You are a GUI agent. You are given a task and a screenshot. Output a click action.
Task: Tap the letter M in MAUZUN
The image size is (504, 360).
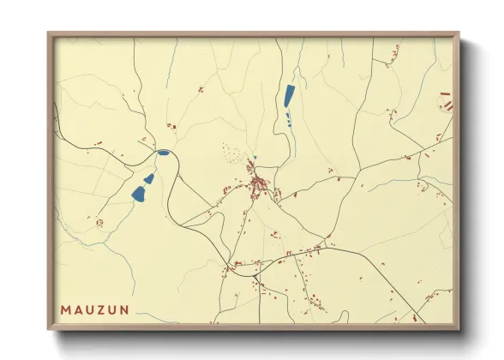point(66,308)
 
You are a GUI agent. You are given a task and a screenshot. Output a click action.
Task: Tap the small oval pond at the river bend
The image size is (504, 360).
point(163,153)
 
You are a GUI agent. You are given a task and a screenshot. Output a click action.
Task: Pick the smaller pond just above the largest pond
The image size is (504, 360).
point(149,178)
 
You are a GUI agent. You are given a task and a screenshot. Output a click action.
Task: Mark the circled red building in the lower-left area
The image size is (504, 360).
point(99,223)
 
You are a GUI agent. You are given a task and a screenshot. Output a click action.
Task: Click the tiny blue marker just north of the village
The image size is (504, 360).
point(254,157)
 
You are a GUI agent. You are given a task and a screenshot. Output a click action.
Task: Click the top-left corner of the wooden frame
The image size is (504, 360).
point(49,34)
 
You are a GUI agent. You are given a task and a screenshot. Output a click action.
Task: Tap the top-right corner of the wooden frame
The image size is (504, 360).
point(459,34)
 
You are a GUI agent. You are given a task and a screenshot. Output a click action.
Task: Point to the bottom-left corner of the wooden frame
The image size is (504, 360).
point(49,330)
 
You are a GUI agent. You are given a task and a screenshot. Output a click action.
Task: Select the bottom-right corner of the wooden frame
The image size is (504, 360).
point(459,330)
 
